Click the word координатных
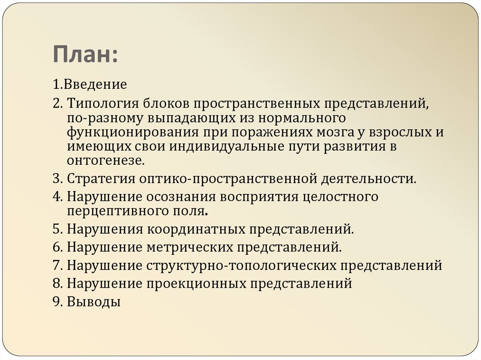tap(197, 229)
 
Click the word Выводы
tap(94, 301)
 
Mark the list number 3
tap(56, 178)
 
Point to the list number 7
tap(56, 265)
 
